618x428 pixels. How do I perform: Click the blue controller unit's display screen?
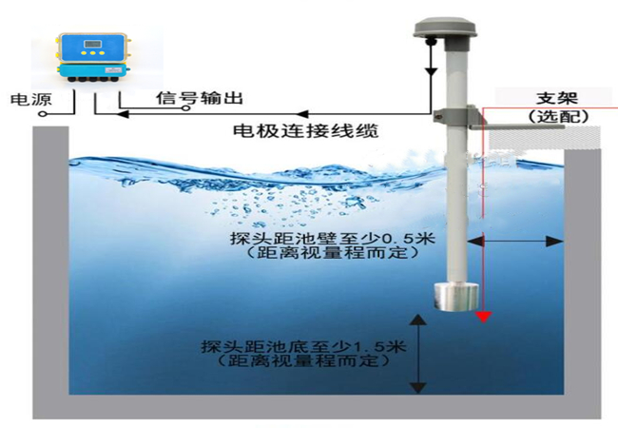pos(93,45)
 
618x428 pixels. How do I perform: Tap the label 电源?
pos(24,98)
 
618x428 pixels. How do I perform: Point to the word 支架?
pos(558,97)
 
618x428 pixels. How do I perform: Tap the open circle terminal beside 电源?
pos(44,113)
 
